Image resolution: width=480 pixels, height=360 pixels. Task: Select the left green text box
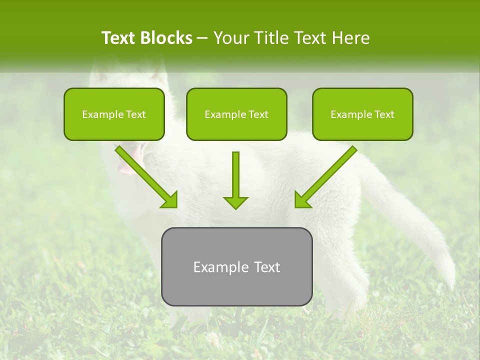pyautogui.click(x=114, y=114)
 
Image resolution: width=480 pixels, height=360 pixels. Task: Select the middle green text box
pyautogui.click(x=236, y=114)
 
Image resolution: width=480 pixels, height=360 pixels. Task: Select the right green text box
pyautogui.click(x=362, y=114)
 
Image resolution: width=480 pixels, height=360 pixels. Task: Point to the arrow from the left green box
pyautogui.click(x=145, y=175)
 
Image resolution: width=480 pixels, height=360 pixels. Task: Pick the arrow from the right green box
pyautogui.click(x=327, y=175)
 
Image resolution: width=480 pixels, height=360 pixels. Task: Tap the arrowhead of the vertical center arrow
pyautogui.click(x=235, y=202)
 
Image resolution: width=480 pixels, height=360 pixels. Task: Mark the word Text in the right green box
pyautogui.click(x=384, y=114)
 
